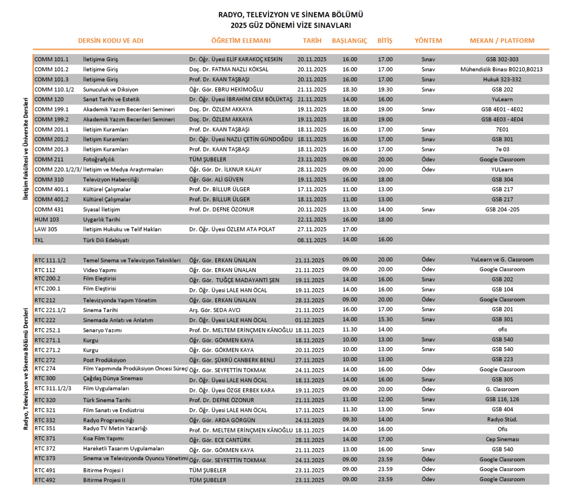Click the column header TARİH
[312, 41]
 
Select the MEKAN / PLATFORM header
[501, 41]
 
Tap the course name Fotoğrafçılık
[99, 160]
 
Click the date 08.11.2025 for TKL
[312, 239]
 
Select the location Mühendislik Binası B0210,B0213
[501, 70]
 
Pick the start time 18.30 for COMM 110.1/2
[349, 90]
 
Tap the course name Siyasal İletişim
[102, 210]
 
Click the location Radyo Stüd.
[501, 420]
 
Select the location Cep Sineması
[501, 440]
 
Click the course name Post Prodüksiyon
[104, 360]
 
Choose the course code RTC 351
[45, 429]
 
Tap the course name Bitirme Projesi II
[104, 480]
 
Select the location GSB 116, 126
[501, 400]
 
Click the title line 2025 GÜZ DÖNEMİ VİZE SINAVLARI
[287, 25]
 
